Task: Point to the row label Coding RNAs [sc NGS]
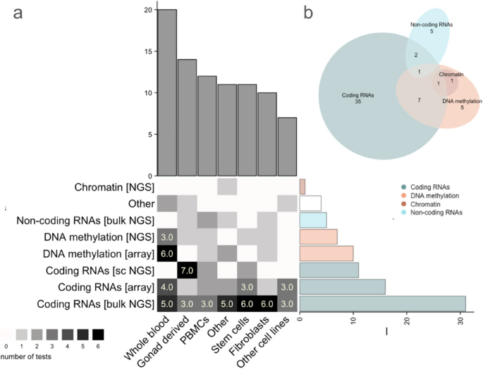point(103,270)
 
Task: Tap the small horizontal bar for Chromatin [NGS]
point(302,187)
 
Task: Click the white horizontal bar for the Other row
point(310,203)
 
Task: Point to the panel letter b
point(309,12)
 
